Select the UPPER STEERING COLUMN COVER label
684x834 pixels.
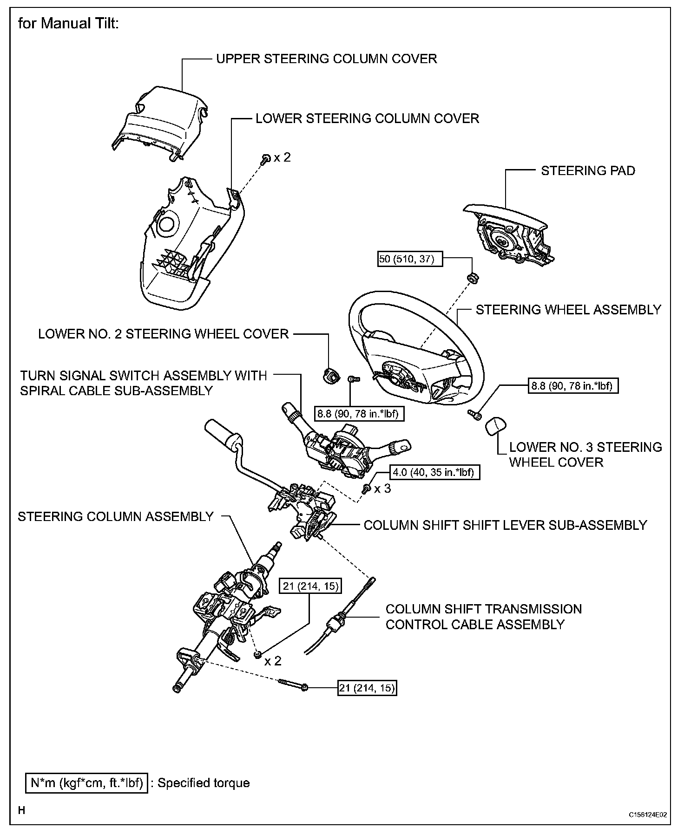326,59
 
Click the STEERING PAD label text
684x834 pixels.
588,171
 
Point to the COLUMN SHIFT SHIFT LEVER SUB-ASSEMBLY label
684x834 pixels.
505,525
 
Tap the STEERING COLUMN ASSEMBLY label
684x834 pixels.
116,516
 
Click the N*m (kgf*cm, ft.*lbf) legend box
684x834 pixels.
86,783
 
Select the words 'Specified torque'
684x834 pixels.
204,783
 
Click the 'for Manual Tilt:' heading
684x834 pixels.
69,23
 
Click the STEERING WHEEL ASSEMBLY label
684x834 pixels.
568,310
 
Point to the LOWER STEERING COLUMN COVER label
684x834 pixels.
367,118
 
